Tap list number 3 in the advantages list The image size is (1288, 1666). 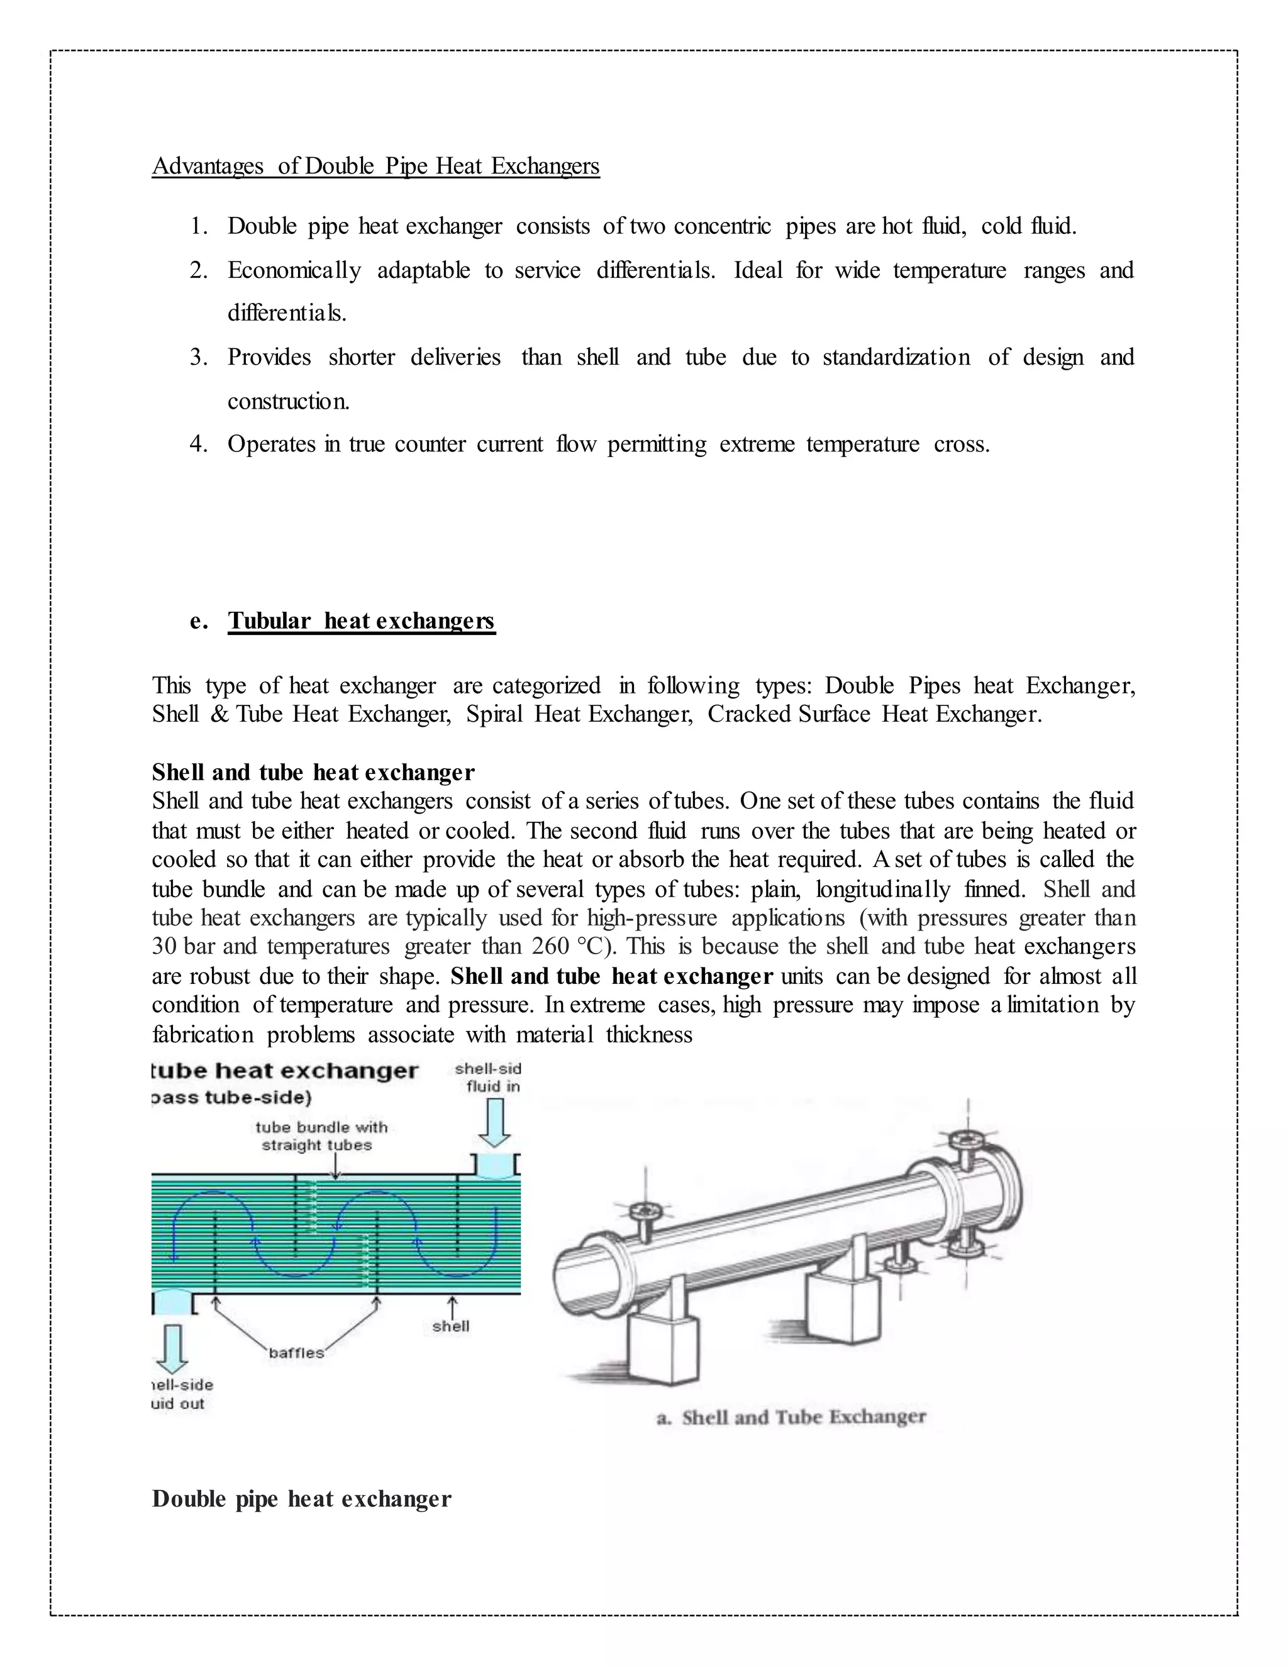coord(197,357)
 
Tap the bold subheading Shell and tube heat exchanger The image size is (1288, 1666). coord(313,772)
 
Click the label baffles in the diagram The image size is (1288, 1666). coord(296,1352)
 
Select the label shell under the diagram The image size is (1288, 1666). coord(451,1326)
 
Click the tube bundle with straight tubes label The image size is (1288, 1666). coord(321,1136)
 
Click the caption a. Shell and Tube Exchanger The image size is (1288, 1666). coord(791,1417)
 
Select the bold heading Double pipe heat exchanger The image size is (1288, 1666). coord(301,1499)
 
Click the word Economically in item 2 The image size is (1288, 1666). coord(294,270)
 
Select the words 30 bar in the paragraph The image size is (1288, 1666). coord(184,947)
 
